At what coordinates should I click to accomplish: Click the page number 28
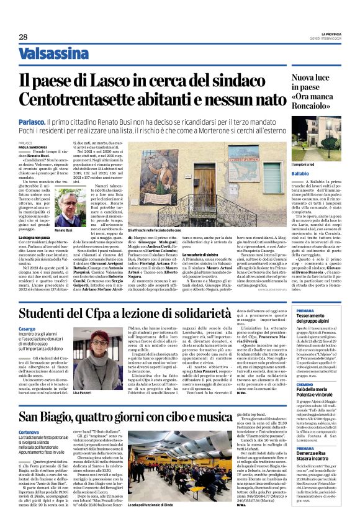[23, 37]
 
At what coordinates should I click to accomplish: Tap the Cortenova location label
[30, 431]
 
